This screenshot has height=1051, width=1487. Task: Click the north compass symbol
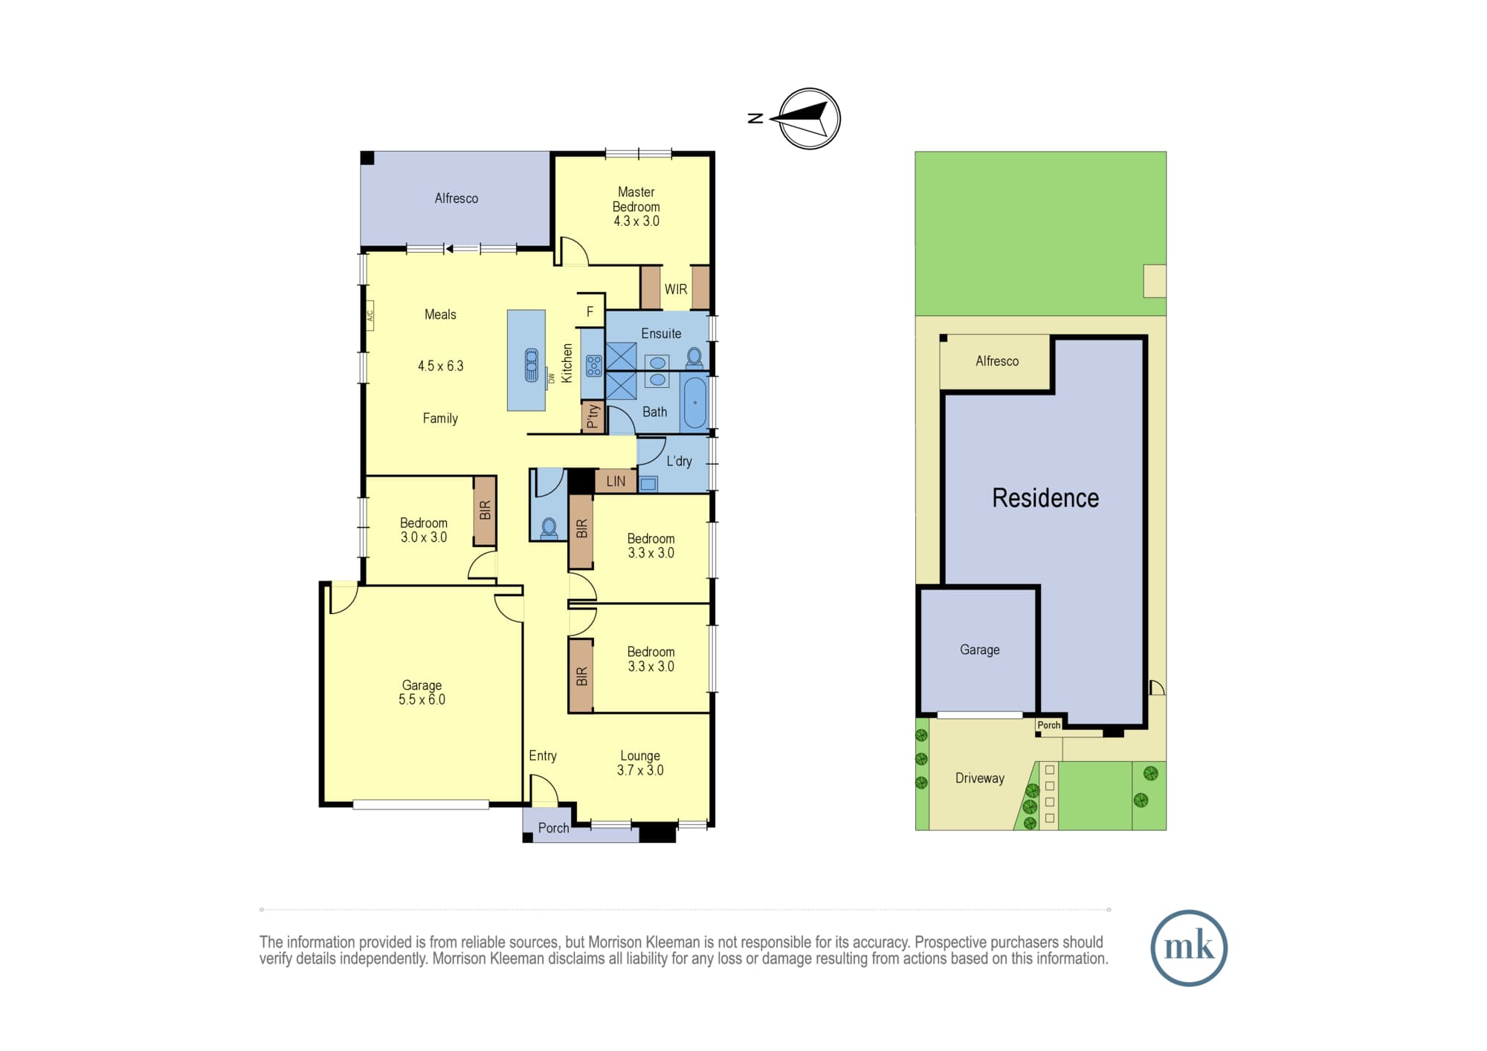[x=809, y=119]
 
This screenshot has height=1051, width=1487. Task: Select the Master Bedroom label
[x=636, y=199]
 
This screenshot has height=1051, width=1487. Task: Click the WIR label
[x=676, y=289]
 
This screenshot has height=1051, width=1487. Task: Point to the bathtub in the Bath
[x=695, y=402]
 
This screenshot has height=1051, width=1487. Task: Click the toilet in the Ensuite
[x=694, y=358]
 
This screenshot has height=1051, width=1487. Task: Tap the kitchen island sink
[x=532, y=365]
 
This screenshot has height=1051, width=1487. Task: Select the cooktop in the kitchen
[x=593, y=366]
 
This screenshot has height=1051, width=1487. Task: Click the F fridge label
[x=590, y=312]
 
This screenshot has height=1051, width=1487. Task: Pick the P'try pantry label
[x=593, y=417]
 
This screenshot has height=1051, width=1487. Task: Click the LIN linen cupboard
[x=616, y=481]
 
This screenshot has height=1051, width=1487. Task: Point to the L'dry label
[x=679, y=461]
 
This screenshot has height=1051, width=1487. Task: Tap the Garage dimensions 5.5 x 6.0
[x=422, y=699]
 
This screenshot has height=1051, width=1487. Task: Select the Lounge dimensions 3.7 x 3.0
[x=640, y=770]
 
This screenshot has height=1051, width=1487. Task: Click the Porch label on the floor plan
[x=553, y=828]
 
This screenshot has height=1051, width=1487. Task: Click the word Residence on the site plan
[x=1045, y=498]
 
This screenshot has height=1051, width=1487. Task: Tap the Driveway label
[x=980, y=778]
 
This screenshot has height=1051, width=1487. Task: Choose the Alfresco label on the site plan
[x=997, y=361]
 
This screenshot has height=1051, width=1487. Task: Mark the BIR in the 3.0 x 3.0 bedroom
[x=486, y=511]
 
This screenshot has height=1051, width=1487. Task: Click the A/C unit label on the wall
[x=369, y=315]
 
